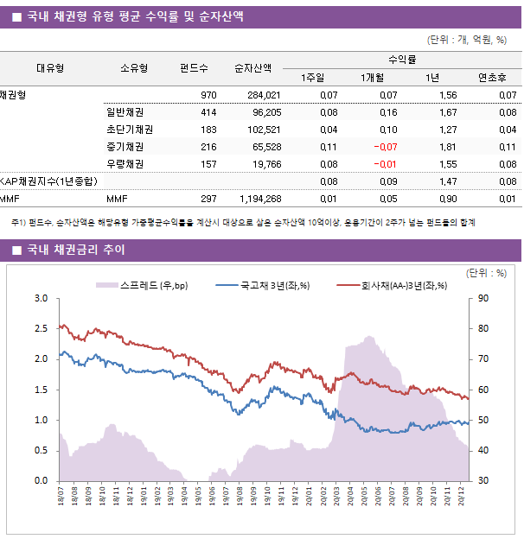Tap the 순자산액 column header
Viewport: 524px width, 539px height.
tap(252, 69)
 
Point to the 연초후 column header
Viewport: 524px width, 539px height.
tap(492, 78)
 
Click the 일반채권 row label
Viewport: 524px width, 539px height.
tap(125, 112)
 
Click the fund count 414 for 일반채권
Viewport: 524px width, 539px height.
tap(208, 112)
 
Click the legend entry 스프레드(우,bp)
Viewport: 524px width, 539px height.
tap(144, 284)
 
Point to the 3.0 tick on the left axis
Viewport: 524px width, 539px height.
tap(41, 299)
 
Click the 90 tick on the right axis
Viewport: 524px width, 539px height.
tap(482, 299)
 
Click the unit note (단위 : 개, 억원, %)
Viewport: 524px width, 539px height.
tap(467, 39)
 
